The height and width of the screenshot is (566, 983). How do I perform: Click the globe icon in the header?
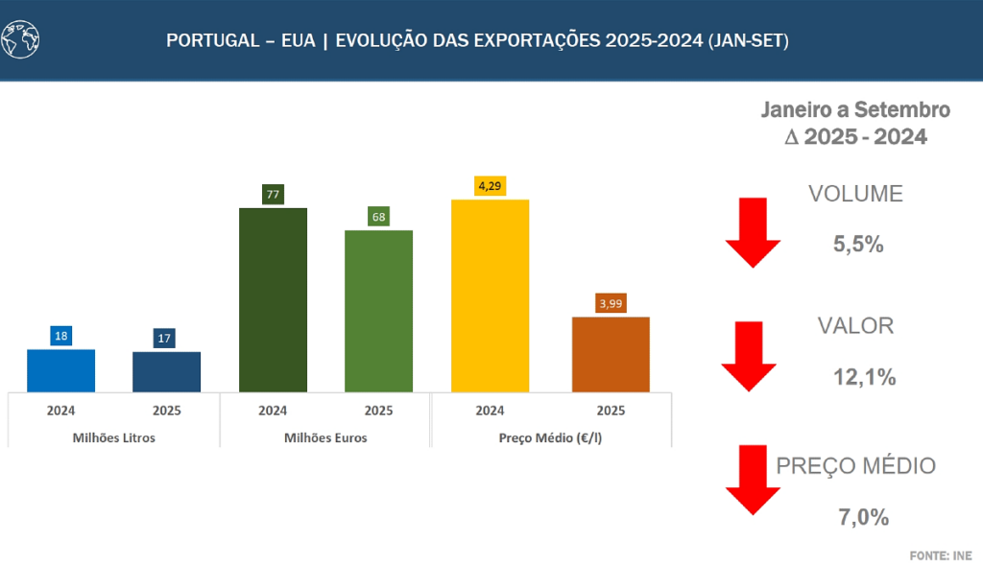pos(21,39)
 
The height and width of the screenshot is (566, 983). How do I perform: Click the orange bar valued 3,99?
pos(611,354)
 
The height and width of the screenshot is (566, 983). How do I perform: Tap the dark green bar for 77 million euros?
pos(273,299)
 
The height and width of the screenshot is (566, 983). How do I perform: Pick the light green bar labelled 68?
pos(378,311)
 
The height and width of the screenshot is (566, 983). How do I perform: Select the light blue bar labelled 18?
pos(61,370)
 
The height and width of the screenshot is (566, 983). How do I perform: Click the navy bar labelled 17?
pos(167,371)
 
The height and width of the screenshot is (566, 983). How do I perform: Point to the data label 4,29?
pos(490,185)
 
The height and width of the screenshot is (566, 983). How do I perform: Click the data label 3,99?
pos(611,303)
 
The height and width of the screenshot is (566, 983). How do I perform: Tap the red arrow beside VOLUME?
pos(754,231)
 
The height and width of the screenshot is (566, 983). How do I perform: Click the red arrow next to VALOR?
pos(749,356)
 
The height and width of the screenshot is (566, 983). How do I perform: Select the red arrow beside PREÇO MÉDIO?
pos(754,481)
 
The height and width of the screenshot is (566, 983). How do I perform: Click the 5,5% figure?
pos(858,245)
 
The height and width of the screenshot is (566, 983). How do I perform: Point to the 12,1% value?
pos(864,377)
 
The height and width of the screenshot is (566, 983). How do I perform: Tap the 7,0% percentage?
pos(863,517)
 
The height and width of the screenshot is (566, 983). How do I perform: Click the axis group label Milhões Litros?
pos(113,438)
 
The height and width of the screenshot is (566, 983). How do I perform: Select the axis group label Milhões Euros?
pos(325,438)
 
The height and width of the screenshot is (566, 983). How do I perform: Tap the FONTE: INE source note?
pos(941,555)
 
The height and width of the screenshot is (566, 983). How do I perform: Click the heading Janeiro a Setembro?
pos(855,110)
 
